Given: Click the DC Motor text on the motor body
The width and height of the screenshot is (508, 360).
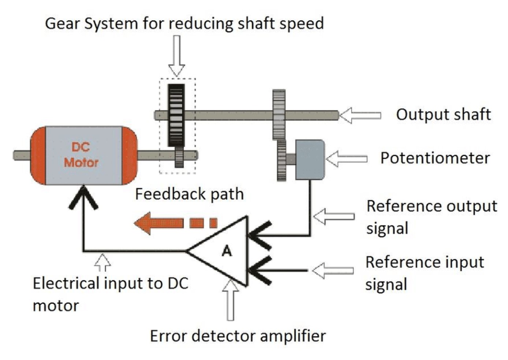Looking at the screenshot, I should [x=81, y=155].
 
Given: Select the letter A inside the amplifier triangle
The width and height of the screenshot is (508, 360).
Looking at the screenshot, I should [x=227, y=251].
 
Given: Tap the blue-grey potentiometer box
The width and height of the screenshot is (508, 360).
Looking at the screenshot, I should [x=309, y=160].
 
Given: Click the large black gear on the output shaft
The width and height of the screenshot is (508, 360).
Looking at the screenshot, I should [x=176, y=115].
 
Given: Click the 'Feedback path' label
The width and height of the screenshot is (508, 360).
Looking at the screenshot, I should [x=189, y=194].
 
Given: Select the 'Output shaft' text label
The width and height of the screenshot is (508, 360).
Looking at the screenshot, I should [x=443, y=115].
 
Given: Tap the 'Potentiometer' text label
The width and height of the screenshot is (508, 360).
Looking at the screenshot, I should [x=435, y=158].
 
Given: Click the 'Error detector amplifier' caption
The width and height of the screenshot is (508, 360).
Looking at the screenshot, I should [x=238, y=336].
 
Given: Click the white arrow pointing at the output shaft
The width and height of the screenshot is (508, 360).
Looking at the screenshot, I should [x=360, y=116].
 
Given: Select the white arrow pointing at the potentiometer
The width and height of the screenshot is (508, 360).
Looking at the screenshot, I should [x=346, y=159].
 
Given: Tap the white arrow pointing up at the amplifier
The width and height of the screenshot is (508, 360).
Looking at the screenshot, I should [x=230, y=300].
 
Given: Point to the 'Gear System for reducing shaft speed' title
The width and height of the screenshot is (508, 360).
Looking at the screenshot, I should [x=184, y=23].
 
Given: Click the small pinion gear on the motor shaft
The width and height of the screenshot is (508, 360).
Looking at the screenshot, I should [x=179, y=157].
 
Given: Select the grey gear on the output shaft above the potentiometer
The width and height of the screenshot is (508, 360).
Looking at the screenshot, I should [x=279, y=114].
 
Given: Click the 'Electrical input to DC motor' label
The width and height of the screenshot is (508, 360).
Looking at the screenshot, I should [x=110, y=294].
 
